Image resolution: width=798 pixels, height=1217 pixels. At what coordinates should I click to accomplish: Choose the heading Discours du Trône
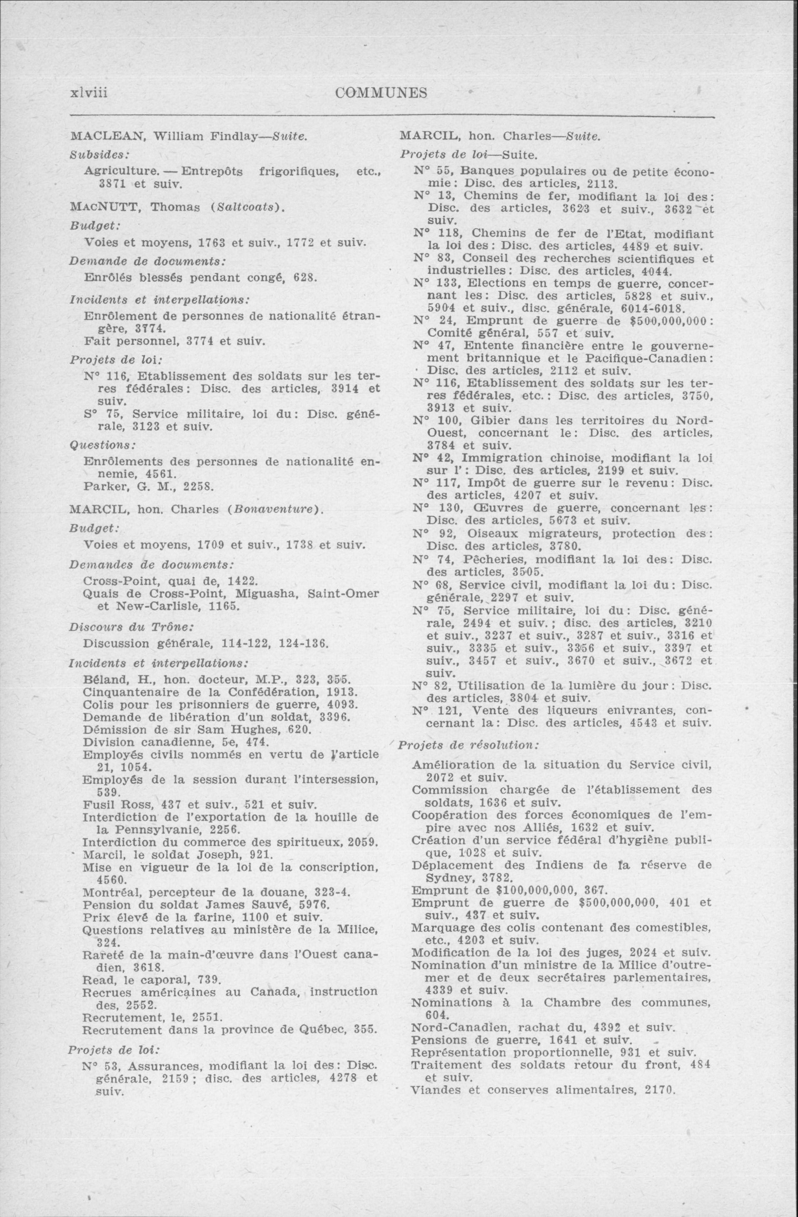[x=130, y=626]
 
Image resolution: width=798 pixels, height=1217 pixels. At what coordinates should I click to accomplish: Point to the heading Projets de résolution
[x=468, y=745]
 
